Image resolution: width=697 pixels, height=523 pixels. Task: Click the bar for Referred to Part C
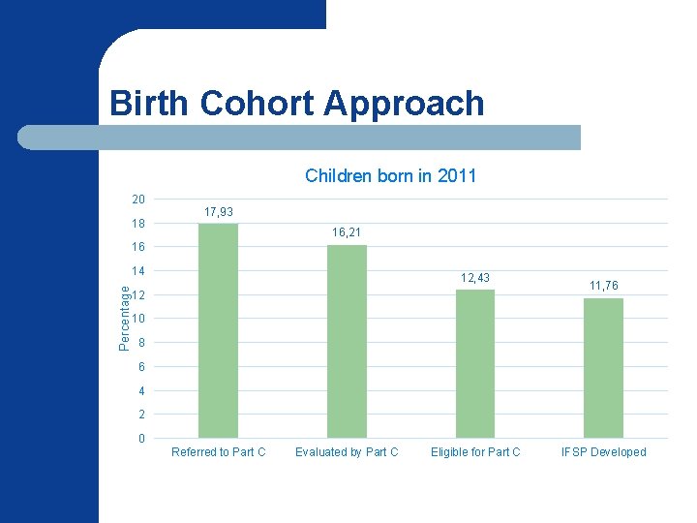pos(218,330)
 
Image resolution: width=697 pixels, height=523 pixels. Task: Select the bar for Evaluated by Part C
pos(347,341)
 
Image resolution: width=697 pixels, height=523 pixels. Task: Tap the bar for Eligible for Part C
pos(475,363)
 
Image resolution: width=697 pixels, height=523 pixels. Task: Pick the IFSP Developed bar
pos(604,368)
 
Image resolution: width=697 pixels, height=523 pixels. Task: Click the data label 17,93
pos(218,212)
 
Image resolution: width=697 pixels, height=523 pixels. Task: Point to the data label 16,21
pos(347,232)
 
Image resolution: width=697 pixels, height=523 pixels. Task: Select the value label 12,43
pos(475,278)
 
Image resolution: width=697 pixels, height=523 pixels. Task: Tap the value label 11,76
pos(604,286)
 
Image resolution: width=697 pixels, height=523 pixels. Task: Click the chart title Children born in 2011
pos(390,176)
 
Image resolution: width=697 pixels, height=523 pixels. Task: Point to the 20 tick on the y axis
pos(138,200)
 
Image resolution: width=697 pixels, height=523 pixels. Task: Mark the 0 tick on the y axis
pos(141,439)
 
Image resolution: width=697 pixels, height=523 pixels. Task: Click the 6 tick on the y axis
pos(141,367)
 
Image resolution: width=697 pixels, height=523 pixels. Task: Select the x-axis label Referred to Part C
pos(218,452)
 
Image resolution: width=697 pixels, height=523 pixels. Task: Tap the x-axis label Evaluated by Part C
pos(347,452)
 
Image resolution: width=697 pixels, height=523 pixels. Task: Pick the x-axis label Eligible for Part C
pos(475,452)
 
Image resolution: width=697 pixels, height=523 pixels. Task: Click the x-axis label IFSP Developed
pos(604,452)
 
